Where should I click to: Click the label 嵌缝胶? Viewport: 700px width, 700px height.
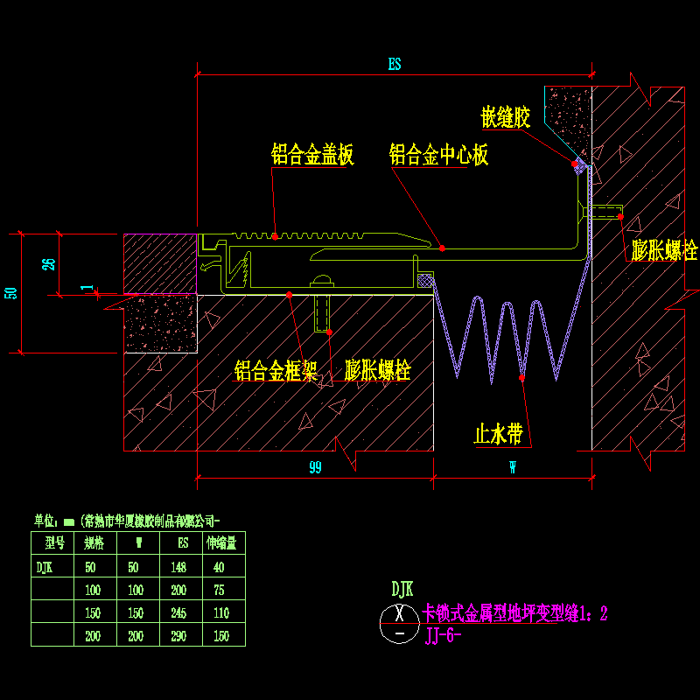coord(506,119)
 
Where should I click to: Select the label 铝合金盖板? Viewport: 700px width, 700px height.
coord(312,157)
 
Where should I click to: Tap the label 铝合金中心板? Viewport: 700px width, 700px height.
coord(438,157)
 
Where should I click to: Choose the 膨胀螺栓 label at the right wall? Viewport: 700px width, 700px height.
coord(665,252)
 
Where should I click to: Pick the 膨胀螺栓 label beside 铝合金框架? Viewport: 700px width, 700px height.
coord(378,371)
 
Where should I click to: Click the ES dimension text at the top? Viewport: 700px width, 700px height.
coord(395,64)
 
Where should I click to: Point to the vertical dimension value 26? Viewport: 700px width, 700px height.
coord(50,263)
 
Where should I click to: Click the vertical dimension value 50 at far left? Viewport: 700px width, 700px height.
coord(10,293)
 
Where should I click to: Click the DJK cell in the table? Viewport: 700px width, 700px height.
coord(44,566)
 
